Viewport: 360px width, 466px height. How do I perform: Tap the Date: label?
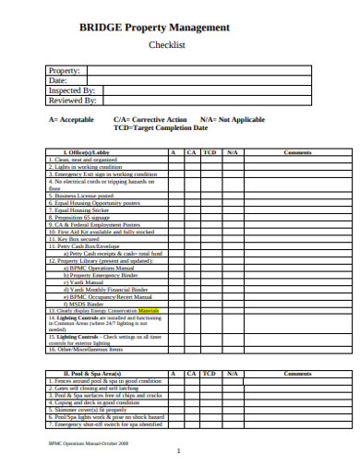(59, 80)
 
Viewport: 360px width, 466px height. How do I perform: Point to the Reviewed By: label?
(72, 101)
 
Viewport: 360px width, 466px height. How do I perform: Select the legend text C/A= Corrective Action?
(138, 119)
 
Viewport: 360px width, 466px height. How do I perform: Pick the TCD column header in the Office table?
(210, 151)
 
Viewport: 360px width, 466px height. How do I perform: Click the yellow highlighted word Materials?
(147, 311)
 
